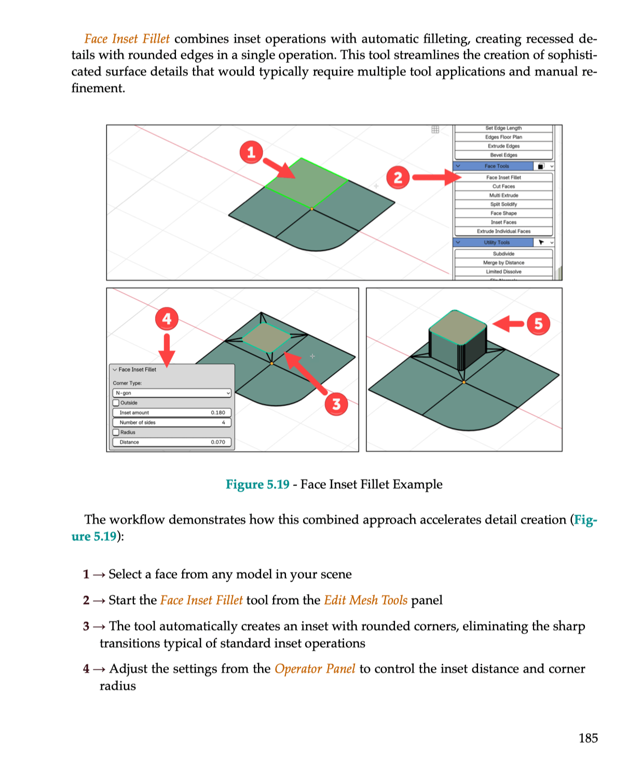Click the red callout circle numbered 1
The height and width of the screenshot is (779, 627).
pyautogui.click(x=251, y=152)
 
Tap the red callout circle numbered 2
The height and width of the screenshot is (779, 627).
pyautogui.click(x=398, y=178)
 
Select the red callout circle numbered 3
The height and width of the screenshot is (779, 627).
pyautogui.click(x=336, y=404)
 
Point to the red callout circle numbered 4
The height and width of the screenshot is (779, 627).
pyautogui.click(x=167, y=318)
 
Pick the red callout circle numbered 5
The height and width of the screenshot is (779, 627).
pyautogui.click(x=538, y=324)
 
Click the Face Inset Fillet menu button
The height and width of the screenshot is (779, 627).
pyautogui.click(x=503, y=178)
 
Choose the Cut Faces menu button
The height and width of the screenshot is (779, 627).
pyautogui.click(x=503, y=186)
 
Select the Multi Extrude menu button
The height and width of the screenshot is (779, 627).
pyautogui.click(x=503, y=195)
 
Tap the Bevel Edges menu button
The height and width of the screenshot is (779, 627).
pyautogui.click(x=503, y=155)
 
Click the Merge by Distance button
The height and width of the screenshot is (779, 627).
pyautogui.click(x=503, y=263)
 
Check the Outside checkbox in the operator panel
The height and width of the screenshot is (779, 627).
pyautogui.click(x=116, y=402)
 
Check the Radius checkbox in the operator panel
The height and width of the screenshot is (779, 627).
pyautogui.click(x=116, y=432)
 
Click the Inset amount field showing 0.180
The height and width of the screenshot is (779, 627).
pyautogui.click(x=172, y=412)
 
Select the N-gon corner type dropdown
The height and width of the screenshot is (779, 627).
pyautogui.click(x=172, y=393)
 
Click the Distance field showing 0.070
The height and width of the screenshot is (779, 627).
pyautogui.click(x=172, y=442)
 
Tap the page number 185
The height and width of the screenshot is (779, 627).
pyautogui.click(x=588, y=738)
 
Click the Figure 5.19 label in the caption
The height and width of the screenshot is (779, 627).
pyautogui.click(x=257, y=485)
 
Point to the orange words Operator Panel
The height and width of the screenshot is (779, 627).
pyautogui.click(x=315, y=669)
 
